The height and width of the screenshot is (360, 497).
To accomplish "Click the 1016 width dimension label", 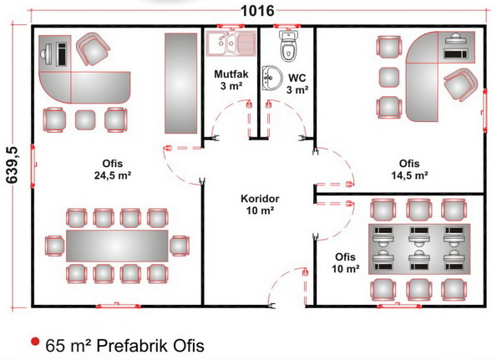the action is tap(257, 11).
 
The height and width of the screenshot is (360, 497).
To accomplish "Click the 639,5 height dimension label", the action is tap(13, 165).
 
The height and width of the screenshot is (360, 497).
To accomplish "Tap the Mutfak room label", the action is tap(231, 74).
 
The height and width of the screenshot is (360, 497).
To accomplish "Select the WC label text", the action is tap(297, 78).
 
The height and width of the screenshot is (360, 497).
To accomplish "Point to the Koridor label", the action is tap(260, 199).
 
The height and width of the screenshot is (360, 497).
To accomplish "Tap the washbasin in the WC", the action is tap(272, 78).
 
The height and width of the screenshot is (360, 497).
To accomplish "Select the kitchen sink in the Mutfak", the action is tap(231, 43).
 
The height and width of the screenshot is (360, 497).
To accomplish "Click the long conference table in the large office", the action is tap(117, 246).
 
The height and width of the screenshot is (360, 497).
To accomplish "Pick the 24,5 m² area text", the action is tap(113, 175).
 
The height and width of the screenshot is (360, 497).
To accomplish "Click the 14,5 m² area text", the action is tap(409, 175).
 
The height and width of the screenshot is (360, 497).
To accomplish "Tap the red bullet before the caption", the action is tap(35, 342).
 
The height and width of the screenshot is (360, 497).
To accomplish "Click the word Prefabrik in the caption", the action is tap(132, 346).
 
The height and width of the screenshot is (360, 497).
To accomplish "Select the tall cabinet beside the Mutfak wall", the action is tap(181, 84).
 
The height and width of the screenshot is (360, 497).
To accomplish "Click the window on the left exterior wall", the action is tap(33, 165).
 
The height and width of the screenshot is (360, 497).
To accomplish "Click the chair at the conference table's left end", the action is tap(55, 246).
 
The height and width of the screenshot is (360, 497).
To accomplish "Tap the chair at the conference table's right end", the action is tap(180, 246).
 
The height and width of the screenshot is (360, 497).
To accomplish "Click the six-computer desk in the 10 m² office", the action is tap(419, 249).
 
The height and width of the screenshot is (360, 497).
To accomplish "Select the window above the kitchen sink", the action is tap(231, 26).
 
